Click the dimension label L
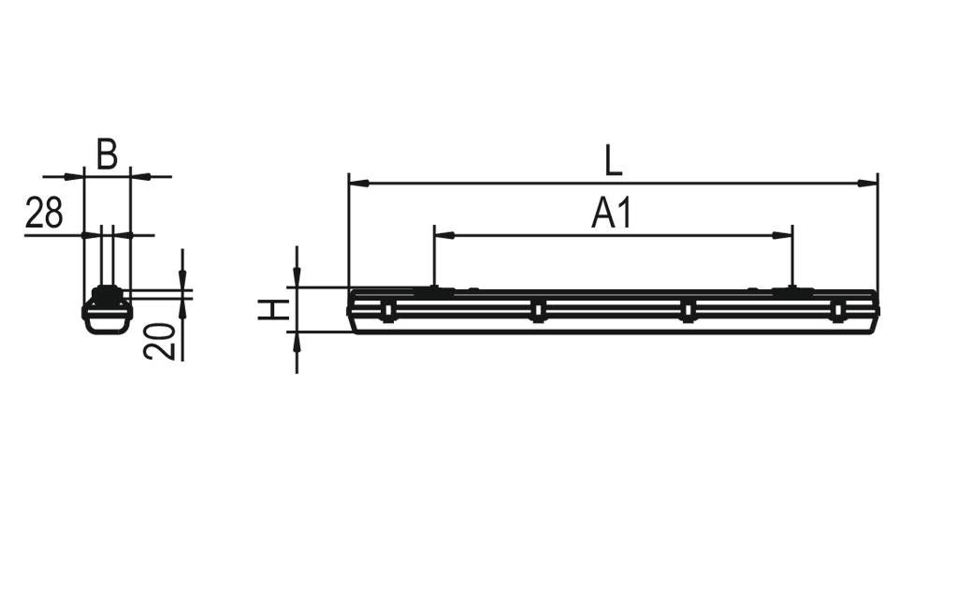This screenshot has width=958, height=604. (x=613, y=160)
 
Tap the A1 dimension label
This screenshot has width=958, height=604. (x=613, y=214)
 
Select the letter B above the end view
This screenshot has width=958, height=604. (x=108, y=155)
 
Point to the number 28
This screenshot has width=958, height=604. (x=44, y=214)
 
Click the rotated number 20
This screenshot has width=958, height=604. (x=160, y=341)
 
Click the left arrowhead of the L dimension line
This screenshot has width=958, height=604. (x=356, y=183)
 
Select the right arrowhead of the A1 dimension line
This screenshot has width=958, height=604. (x=785, y=235)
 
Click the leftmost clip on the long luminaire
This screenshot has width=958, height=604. (x=388, y=310)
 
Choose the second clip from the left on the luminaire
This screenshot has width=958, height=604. (x=538, y=310)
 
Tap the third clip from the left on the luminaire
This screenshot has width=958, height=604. (x=688, y=310)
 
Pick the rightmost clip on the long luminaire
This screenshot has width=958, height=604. (x=837, y=310)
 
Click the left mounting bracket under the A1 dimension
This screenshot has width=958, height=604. (x=434, y=292)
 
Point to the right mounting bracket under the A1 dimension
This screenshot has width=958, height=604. (x=792, y=292)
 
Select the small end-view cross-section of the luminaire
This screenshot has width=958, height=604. (x=107, y=310)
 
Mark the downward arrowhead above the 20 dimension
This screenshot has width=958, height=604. (x=182, y=279)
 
